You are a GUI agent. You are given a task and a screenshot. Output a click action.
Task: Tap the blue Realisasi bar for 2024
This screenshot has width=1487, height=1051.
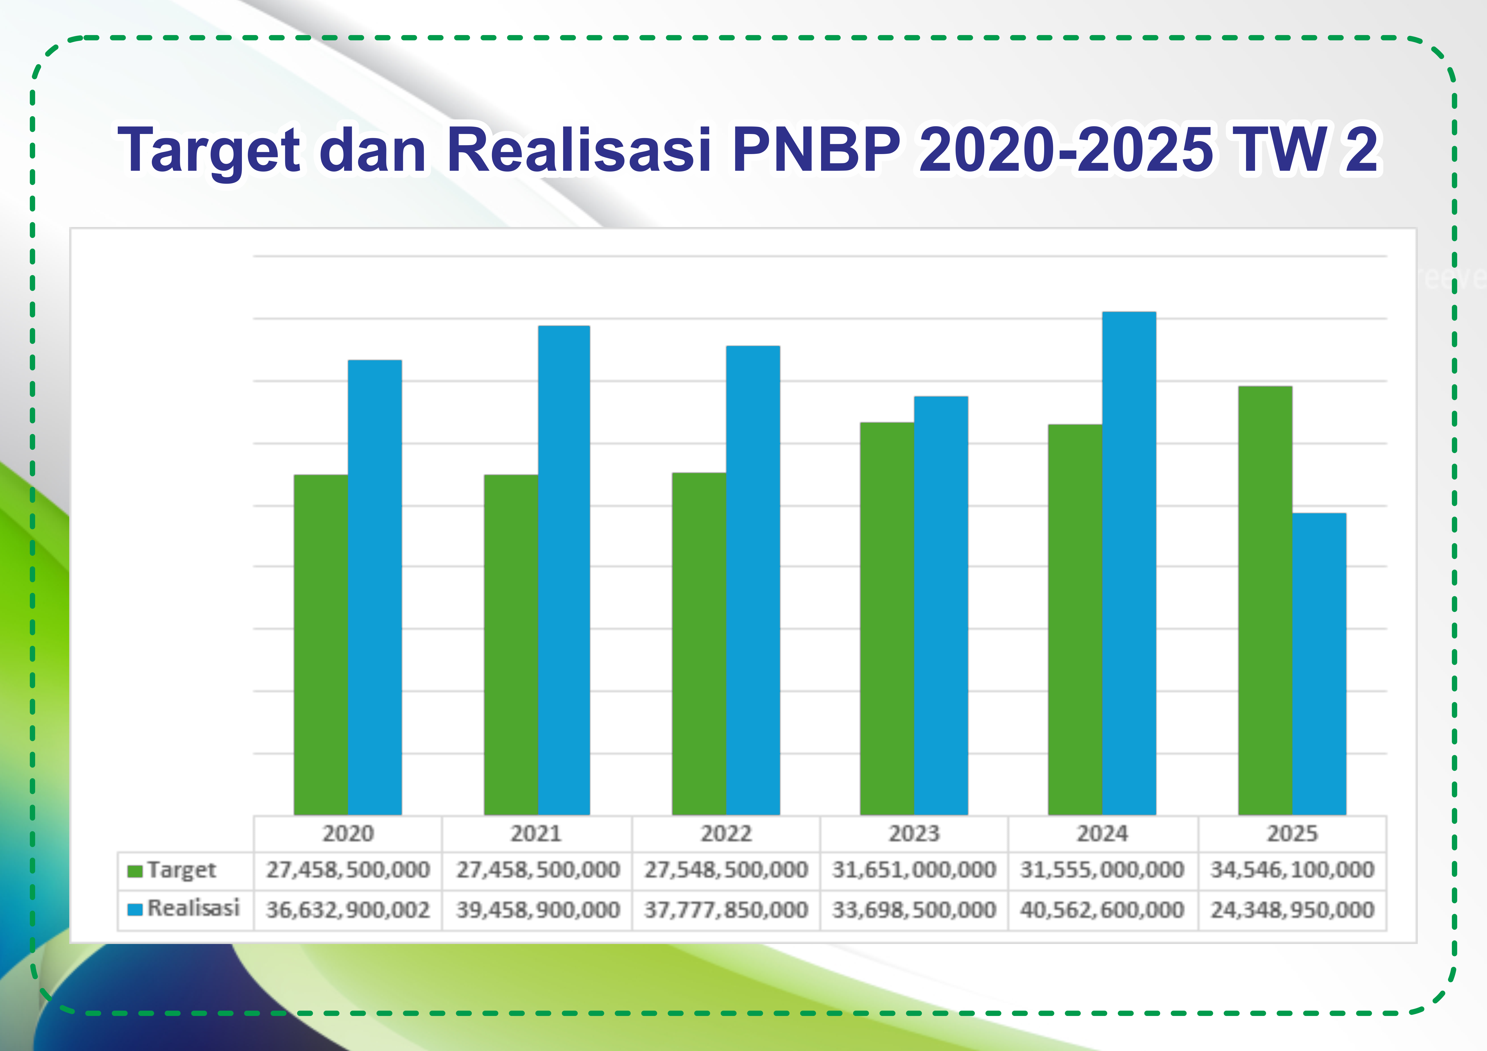pyautogui.click(x=1129, y=563)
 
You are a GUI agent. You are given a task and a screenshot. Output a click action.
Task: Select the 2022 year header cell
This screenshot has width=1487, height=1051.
pyautogui.click(x=726, y=834)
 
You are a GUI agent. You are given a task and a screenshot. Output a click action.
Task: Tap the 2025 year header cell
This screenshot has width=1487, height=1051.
pyautogui.click(x=1292, y=834)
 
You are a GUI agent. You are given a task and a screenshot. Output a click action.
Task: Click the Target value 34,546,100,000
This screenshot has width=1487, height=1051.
pyautogui.click(x=1292, y=870)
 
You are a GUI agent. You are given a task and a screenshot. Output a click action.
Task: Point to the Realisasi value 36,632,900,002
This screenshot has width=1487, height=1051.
pyautogui.click(x=348, y=910)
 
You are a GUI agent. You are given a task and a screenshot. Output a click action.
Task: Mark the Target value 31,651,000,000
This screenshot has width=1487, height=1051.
pyautogui.click(x=914, y=870)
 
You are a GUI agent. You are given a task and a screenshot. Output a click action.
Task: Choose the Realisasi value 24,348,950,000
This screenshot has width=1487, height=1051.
pyautogui.click(x=1292, y=910)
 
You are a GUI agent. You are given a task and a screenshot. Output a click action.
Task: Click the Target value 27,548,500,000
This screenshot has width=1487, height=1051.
pyautogui.click(x=726, y=870)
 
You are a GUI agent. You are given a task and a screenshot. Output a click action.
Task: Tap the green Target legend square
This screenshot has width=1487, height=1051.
pyautogui.click(x=135, y=871)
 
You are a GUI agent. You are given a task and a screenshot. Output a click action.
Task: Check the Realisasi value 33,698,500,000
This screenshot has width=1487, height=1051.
pyautogui.click(x=914, y=910)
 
